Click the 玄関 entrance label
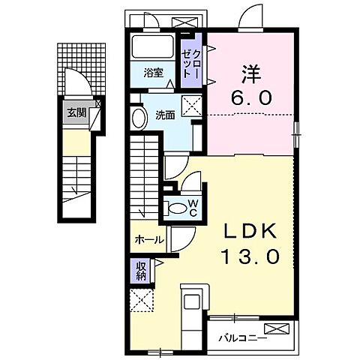75,113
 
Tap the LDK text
249,229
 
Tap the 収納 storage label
141,269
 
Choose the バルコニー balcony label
243,338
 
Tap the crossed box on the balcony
276,328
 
